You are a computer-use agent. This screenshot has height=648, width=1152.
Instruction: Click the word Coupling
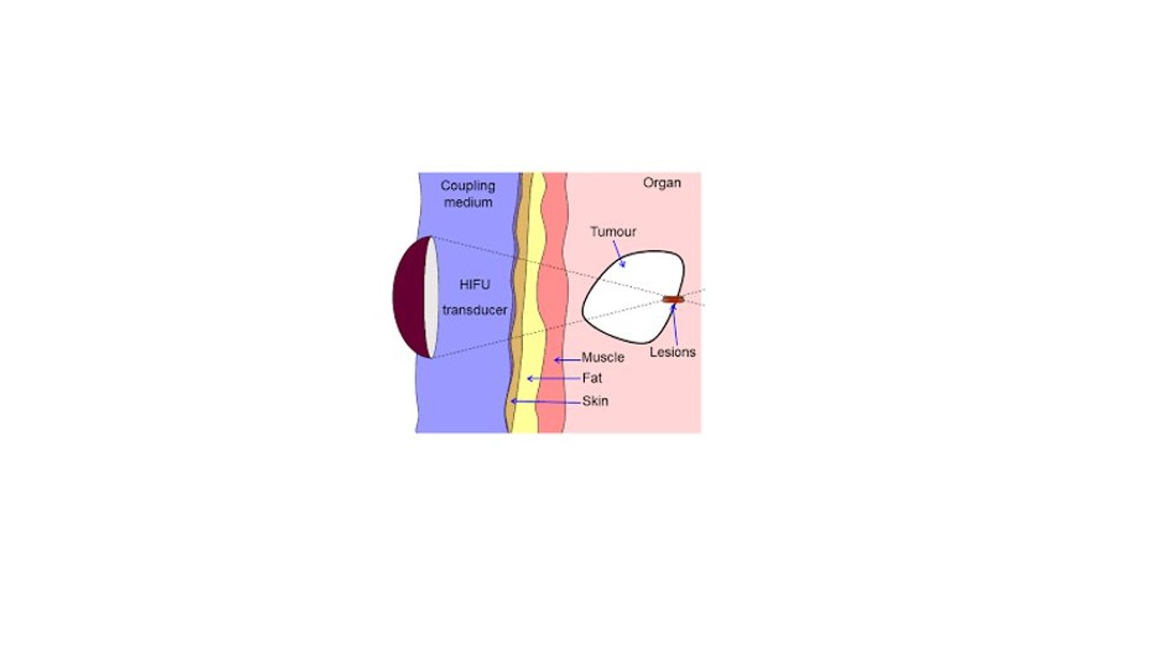pyautogui.click(x=467, y=186)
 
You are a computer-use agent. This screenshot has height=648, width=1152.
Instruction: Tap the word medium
pyautogui.click(x=468, y=202)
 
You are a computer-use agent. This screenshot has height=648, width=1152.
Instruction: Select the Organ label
pyautogui.click(x=661, y=184)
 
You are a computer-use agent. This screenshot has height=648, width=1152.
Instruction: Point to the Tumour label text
pyautogui.click(x=613, y=231)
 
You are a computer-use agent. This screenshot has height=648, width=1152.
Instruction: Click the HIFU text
pyautogui.click(x=474, y=284)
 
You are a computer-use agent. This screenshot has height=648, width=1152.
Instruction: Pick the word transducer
pyautogui.click(x=474, y=310)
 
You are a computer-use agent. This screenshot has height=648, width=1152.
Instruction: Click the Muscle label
pyautogui.click(x=603, y=357)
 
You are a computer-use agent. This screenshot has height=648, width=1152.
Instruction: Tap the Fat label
pyautogui.click(x=592, y=379)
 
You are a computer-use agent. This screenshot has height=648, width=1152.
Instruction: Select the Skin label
pyautogui.click(x=595, y=401)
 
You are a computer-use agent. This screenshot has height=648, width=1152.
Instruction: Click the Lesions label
pyautogui.click(x=672, y=352)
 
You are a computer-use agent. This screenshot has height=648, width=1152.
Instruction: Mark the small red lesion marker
pyautogui.click(x=673, y=300)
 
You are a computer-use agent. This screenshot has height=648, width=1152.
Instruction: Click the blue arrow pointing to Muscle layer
pyautogui.click(x=567, y=360)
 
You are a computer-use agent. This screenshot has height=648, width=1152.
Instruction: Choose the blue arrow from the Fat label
pyautogui.click(x=553, y=379)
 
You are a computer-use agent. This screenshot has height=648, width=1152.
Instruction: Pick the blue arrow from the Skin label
pyautogui.click(x=545, y=401)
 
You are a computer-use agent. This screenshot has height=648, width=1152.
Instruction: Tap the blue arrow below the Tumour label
pyautogui.click(x=618, y=254)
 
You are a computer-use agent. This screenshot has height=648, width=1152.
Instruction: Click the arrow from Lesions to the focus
pyautogui.click(x=674, y=324)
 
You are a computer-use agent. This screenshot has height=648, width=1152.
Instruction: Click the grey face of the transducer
pyautogui.click(x=432, y=297)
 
